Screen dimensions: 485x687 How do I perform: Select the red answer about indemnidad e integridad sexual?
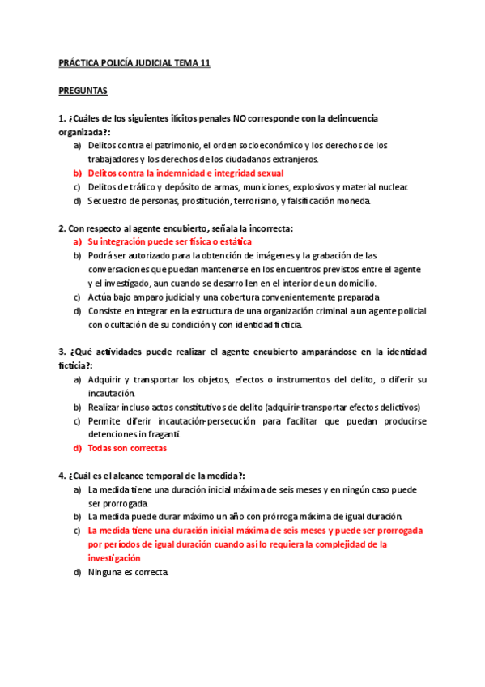click(185, 173)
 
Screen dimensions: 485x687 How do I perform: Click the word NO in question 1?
click(241, 118)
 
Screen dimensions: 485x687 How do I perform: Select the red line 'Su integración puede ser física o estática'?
click(170, 241)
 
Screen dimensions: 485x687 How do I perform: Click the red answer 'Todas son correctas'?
click(127, 447)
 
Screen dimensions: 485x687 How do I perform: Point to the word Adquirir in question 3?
click(105, 379)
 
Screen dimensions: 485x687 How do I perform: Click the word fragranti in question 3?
click(160, 434)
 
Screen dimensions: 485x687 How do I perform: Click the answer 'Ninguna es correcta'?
click(128, 572)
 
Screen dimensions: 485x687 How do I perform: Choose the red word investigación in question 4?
click(114, 558)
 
